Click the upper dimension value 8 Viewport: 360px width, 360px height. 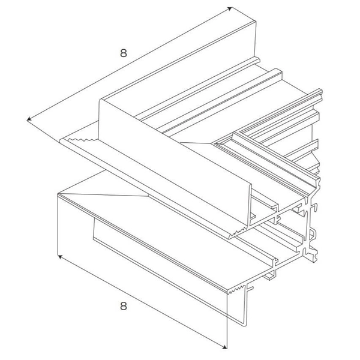123,52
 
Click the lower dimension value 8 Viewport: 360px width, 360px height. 123,307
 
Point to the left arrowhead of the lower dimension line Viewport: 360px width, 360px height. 59,257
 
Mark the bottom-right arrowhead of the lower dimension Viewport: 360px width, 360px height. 226,346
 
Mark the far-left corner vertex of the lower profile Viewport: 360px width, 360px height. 58,194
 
